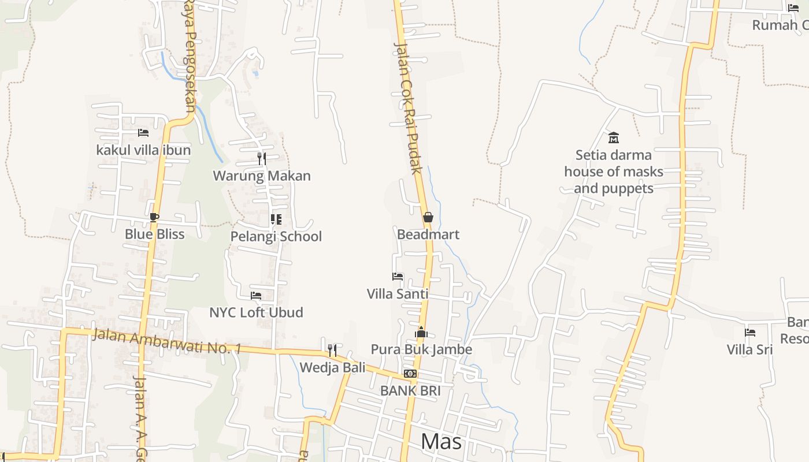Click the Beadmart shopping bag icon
[x=428, y=218]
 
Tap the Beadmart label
[x=428, y=234]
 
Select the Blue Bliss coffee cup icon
[x=154, y=217]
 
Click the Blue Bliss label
[x=155, y=234]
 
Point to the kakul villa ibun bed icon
[x=143, y=133]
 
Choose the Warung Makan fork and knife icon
[x=262, y=159]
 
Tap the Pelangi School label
[x=276, y=236]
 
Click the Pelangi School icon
[x=276, y=219]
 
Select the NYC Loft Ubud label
[x=256, y=312]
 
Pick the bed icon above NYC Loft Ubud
[x=256, y=296]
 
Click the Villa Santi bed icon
[x=398, y=277]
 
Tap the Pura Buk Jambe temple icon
[x=421, y=332]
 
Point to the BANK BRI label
[x=410, y=391]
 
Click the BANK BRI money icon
[x=410, y=374]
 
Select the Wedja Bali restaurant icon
[x=332, y=351]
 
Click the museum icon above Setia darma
[x=614, y=138]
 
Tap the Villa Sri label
[x=750, y=349]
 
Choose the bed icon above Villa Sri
[x=750, y=333]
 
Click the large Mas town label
[x=441, y=441]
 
